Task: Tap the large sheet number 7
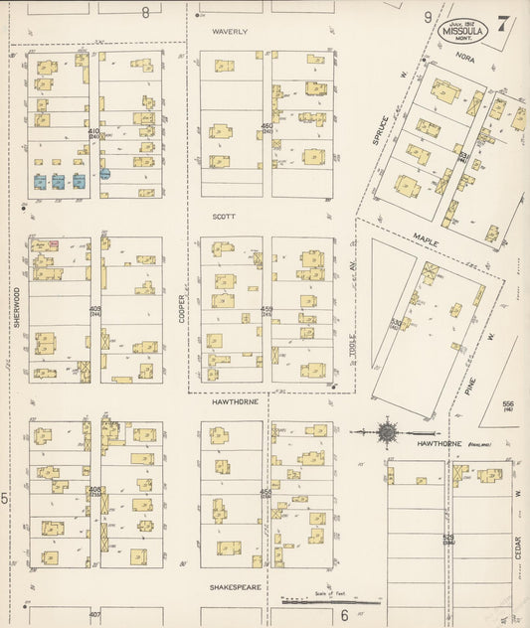point(504,24)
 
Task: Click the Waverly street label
point(230,32)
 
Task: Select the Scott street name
point(222,215)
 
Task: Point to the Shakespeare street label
point(235,587)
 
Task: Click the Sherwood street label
point(17,307)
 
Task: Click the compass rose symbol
point(388,432)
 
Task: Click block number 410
point(93,131)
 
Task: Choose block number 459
point(265,309)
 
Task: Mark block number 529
point(448,538)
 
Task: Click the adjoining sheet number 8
point(144,13)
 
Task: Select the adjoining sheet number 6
point(344,615)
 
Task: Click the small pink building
point(55,243)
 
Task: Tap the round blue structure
point(104,173)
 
